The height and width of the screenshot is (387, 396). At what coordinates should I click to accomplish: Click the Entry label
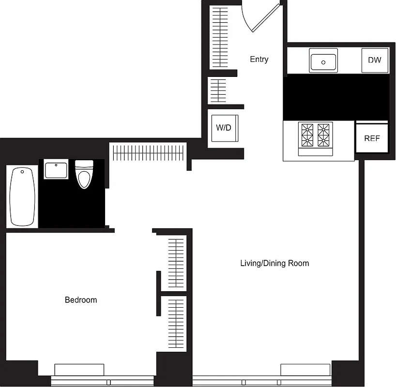coord(259,60)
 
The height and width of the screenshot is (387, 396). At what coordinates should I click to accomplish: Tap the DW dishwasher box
coord(375,60)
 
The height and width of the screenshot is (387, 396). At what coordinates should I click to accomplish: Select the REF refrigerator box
coord(372,138)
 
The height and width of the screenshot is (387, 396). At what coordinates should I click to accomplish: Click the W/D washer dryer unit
coord(223,128)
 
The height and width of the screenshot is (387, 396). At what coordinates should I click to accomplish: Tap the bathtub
coord(22,196)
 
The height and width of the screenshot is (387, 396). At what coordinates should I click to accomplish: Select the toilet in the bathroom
coord(84,175)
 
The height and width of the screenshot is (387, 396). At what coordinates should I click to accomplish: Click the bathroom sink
coord(56,171)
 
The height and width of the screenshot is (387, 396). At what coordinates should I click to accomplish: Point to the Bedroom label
coord(81,300)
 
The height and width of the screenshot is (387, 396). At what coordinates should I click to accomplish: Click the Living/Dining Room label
coord(274,264)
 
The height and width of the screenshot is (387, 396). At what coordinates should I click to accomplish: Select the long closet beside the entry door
coord(220,37)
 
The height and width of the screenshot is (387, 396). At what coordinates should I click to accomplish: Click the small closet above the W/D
coord(218,90)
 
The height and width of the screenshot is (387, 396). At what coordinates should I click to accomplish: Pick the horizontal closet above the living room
coord(149,151)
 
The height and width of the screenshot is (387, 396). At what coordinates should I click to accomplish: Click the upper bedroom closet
coord(176,264)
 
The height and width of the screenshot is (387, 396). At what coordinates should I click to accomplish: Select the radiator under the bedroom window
coord(79,370)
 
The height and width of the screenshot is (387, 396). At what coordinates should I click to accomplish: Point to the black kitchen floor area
coord(336,97)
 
